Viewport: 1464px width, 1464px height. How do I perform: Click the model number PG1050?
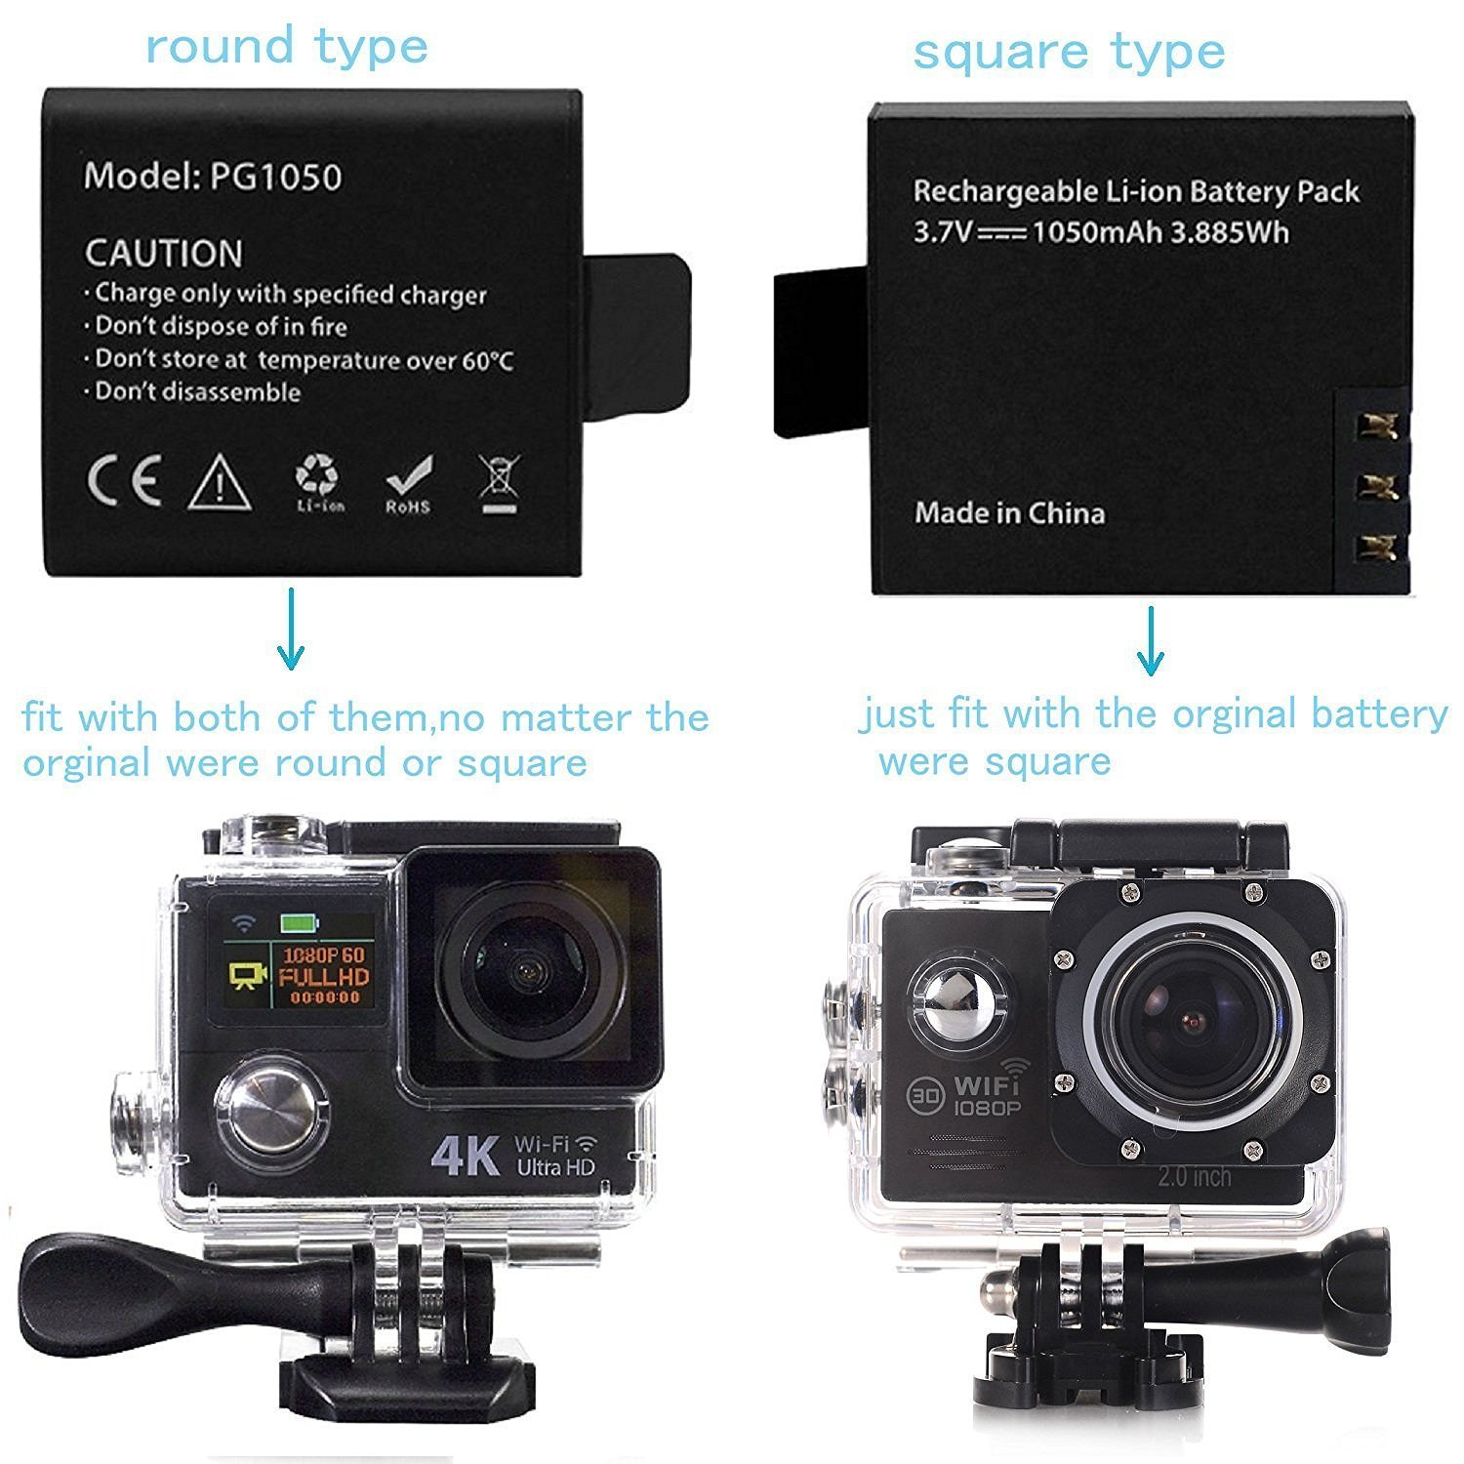point(275,177)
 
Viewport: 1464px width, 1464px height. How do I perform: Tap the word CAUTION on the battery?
point(163,254)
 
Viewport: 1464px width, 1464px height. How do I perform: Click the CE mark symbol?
point(124,482)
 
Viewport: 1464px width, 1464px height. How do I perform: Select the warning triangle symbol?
point(221,482)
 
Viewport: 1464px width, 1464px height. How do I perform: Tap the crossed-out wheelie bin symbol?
point(500,485)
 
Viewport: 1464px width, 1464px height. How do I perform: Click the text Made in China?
point(1009,513)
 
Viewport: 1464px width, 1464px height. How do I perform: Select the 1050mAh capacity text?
point(1095,232)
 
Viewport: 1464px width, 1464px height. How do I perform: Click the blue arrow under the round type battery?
point(290,629)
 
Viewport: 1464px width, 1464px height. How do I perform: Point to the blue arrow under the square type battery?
point(1151,641)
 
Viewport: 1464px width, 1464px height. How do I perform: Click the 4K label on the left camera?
point(466,1156)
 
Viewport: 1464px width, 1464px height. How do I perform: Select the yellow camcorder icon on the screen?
point(248,976)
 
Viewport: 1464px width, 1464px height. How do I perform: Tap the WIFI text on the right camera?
point(986,1084)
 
